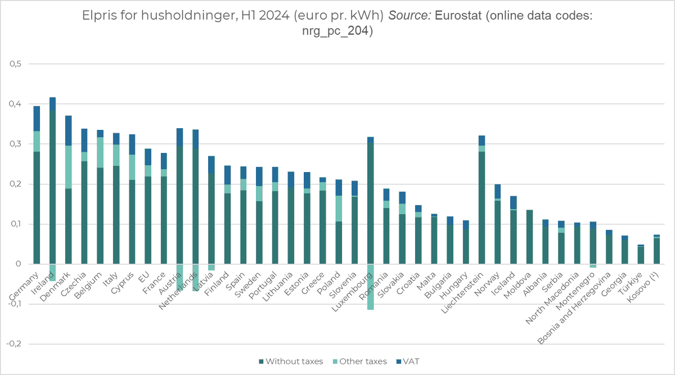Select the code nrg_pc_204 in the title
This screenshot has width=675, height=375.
pos(337,31)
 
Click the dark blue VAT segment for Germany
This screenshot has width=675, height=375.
pos(37,118)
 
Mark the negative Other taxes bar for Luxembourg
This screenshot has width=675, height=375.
pos(370,287)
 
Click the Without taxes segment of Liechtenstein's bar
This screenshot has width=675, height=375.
pos(481,208)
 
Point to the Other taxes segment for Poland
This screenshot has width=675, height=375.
pos(339,209)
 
